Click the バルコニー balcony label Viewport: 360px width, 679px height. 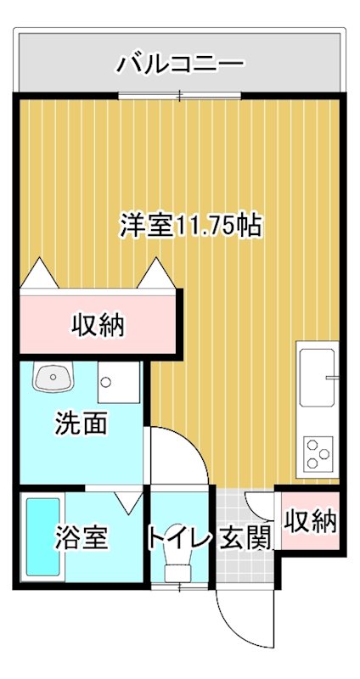[x=181, y=63]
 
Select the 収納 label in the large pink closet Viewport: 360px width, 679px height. [x=98, y=323]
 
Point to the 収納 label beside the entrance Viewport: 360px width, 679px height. [x=311, y=520]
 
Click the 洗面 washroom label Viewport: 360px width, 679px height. [x=82, y=424]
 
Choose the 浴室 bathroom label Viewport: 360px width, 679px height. [x=82, y=537]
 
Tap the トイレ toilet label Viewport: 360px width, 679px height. [x=178, y=537]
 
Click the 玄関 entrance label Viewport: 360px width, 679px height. [x=246, y=537]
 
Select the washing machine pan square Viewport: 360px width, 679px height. [x=117, y=381]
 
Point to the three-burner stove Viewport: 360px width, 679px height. [x=319, y=453]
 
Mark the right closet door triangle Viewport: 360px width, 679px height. [x=157, y=273]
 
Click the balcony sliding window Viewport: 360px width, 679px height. [x=180, y=96]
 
